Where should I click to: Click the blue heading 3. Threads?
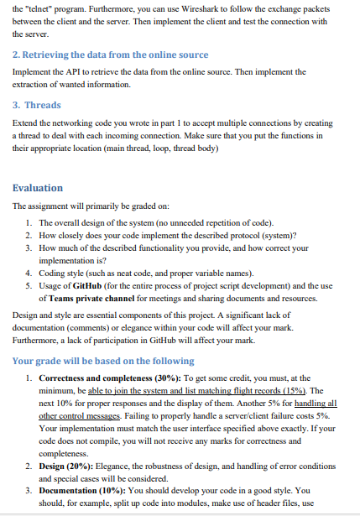click(x=36, y=106)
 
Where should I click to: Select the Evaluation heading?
click(x=38, y=188)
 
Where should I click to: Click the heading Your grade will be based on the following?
click(x=103, y=362)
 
